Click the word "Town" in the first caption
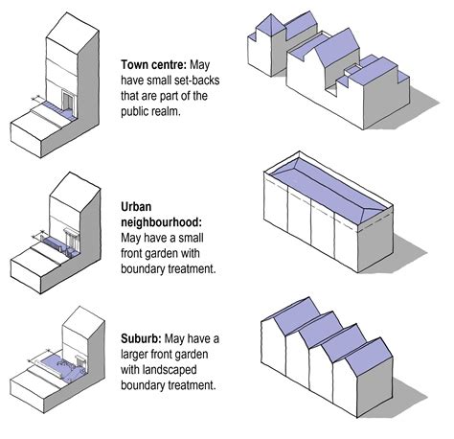(x=134, y=65)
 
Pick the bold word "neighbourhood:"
(x=161, y=222)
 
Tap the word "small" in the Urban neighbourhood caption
(x=191, y=238)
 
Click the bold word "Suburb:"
(x=141, y=338)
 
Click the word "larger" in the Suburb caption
(x=134, y=355)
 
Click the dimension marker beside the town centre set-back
(x=37, y=99)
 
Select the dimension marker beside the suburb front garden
(x=39, y=356)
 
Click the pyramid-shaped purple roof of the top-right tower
(x=270, y=26)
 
